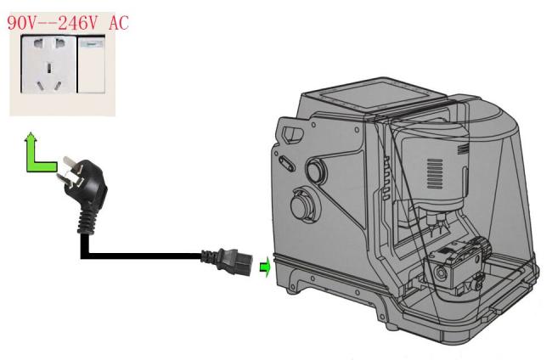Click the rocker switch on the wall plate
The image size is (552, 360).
(x=93, y=63)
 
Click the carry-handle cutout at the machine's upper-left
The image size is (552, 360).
(x=291, y=132)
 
